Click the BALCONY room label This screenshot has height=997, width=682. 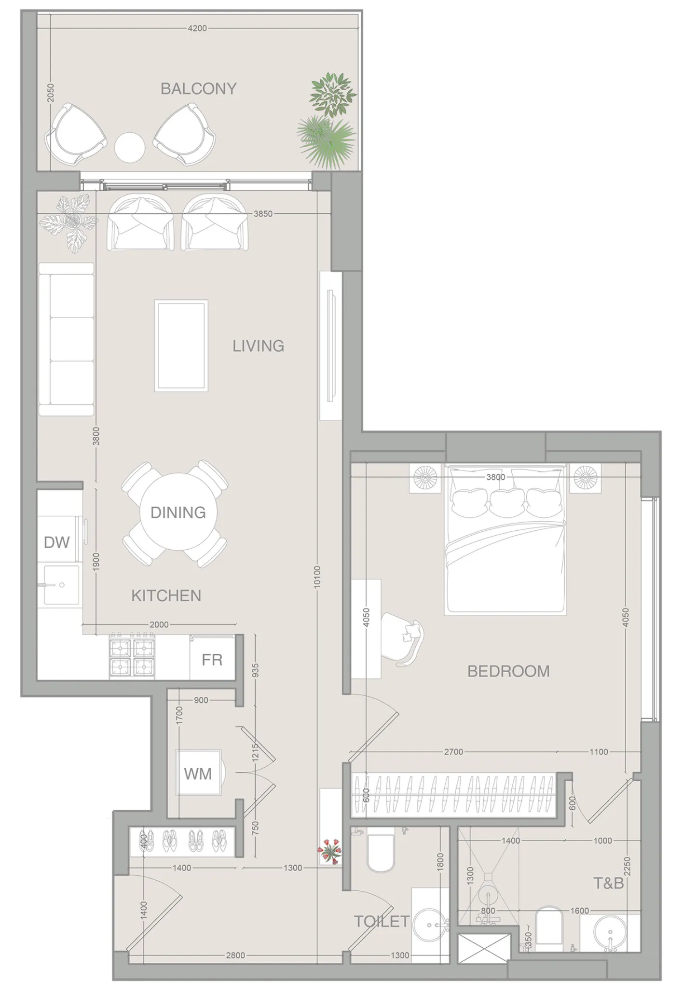click(198, 89)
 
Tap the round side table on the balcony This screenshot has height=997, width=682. click(129, 148)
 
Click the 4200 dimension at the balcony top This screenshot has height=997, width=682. click(197, 28)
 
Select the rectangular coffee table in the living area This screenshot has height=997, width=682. click(181, 346)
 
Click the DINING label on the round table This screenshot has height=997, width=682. click(178, 512)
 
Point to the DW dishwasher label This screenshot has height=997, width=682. click(56, 542)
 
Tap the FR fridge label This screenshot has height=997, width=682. click(212, 660)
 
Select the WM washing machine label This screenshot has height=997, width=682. click(198, 774)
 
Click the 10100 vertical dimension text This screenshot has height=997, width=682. click(317, 577)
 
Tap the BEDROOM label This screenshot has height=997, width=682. click(508, 671)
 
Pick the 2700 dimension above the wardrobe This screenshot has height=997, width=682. click(453, 752)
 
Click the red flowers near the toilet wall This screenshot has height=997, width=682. click(329, 850)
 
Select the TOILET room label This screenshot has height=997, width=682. click(382, 921)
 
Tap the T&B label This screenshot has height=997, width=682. click(608, 884)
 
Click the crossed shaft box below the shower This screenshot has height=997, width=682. click(484, 949)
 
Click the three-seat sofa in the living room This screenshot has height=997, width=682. click(66, 339)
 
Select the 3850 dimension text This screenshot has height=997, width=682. click(263, 214)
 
